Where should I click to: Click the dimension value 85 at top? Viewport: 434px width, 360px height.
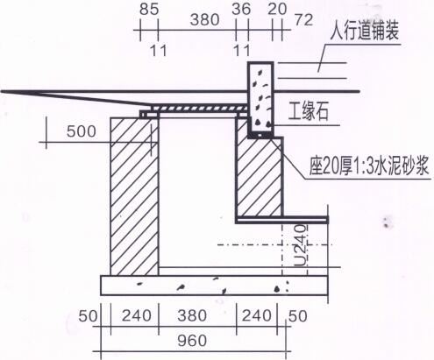click(x=149, y=9)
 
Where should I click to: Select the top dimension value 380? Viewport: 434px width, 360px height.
click(x=204, y=20)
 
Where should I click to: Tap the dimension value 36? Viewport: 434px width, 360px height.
click(x=241, y=9)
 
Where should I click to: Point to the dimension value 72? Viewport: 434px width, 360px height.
click(x=303, y=20)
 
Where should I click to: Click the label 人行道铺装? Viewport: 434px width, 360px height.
click(x=365, y=31)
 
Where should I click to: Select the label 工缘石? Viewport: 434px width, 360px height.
click(x=309, y=111)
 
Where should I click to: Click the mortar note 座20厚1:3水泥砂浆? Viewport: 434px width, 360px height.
click(x=369, y=166)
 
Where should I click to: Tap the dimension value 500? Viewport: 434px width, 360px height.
click(x=82, y=131)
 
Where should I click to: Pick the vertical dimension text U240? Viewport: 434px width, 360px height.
click(x=301, y=245)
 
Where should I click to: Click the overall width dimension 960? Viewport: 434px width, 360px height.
click(x=192, y=341)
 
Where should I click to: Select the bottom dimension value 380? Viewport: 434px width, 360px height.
click(x=192, y=315)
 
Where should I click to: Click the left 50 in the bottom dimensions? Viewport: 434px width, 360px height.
click(x=88, y=316)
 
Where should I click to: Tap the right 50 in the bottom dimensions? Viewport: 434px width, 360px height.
click(x=298, y=316)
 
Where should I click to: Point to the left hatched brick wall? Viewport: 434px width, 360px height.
click(x=135, y=196)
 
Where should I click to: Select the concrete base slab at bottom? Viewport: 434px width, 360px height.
click(x=214, y=286)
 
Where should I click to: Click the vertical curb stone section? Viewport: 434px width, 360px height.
click(x=260, y=98)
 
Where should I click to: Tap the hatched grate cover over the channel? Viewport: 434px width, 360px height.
click(x=200, y=109)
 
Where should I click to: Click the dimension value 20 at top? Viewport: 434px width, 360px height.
click(x=277, y=9)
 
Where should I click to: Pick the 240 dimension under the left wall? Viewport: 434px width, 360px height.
click(x=137, y=315)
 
